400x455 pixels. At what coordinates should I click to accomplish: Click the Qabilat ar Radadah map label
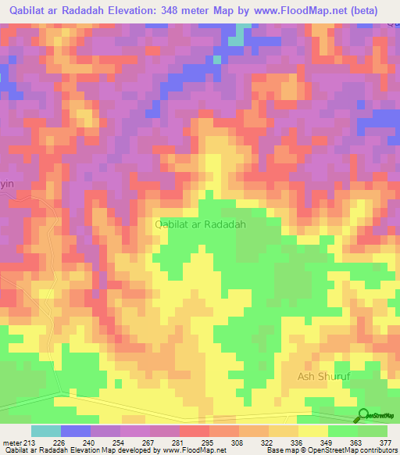(x=202, y=224)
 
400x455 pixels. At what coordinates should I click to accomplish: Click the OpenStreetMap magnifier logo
(x=363, y=415)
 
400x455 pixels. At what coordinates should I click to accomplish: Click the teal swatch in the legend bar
(x=45, y=431)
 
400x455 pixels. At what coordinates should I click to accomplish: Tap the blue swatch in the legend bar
(x=75, y=431)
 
